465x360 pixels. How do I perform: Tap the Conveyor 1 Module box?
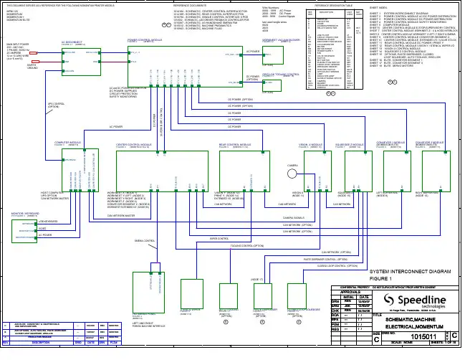(386, 171)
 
